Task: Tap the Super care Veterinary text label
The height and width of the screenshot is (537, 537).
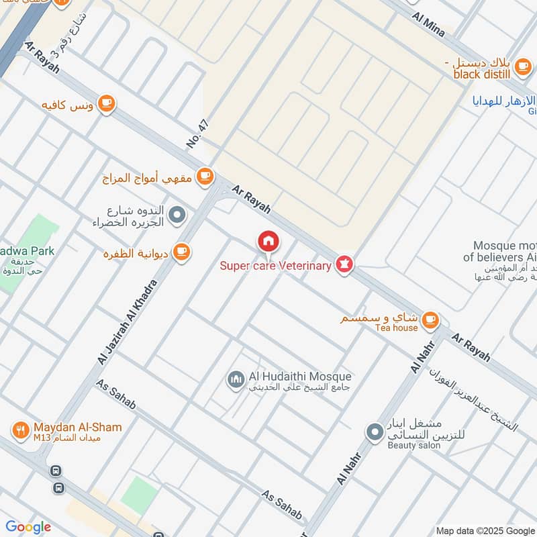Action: pos(276,266)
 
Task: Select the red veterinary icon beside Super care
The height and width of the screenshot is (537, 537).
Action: pos(344,264)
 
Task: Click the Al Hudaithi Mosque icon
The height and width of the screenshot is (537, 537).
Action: pos(236,381)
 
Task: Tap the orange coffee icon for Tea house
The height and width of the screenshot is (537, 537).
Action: pos(430,320)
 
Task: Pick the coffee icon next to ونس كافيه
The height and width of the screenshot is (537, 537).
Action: pos(106,103)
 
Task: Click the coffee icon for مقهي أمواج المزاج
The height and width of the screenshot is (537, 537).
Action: pos(205,177)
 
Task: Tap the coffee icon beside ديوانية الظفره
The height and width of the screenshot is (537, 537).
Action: pos(181,252)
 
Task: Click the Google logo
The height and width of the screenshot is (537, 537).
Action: pos(28,527)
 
